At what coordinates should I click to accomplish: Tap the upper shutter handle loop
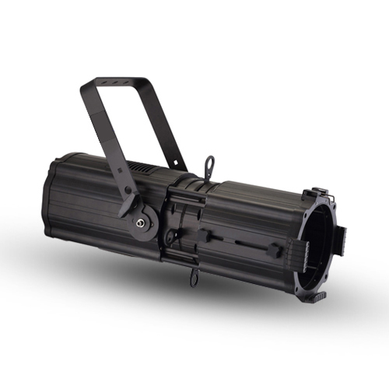pos(208,164)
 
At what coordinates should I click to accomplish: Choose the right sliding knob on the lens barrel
pos(275,251)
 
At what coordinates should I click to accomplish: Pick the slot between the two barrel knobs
pos(241,244)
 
